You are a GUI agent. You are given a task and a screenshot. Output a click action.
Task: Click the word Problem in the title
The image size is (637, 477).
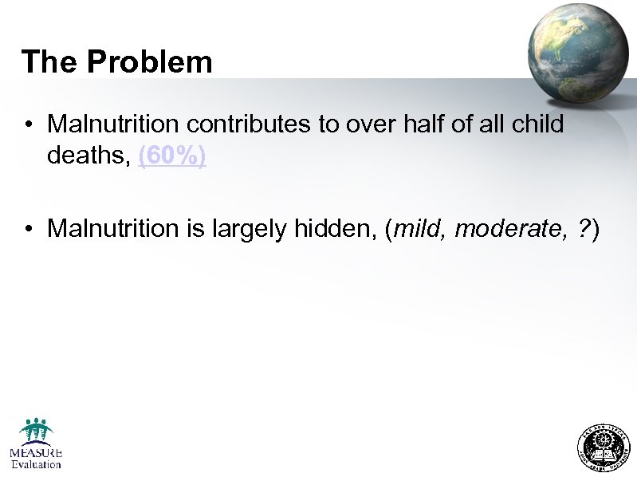pos(150,61)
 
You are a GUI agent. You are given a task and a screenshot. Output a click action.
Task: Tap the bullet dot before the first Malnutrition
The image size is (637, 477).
pos(28,125)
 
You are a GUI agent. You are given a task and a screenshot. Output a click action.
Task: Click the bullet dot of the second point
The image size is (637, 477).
pos(28,230)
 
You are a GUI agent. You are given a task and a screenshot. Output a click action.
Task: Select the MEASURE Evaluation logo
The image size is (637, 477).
pos(36,443)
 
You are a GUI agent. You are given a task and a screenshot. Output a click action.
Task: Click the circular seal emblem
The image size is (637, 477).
pos(602,446)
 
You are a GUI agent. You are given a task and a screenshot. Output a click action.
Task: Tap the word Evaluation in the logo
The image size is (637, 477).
pos(36,463)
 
